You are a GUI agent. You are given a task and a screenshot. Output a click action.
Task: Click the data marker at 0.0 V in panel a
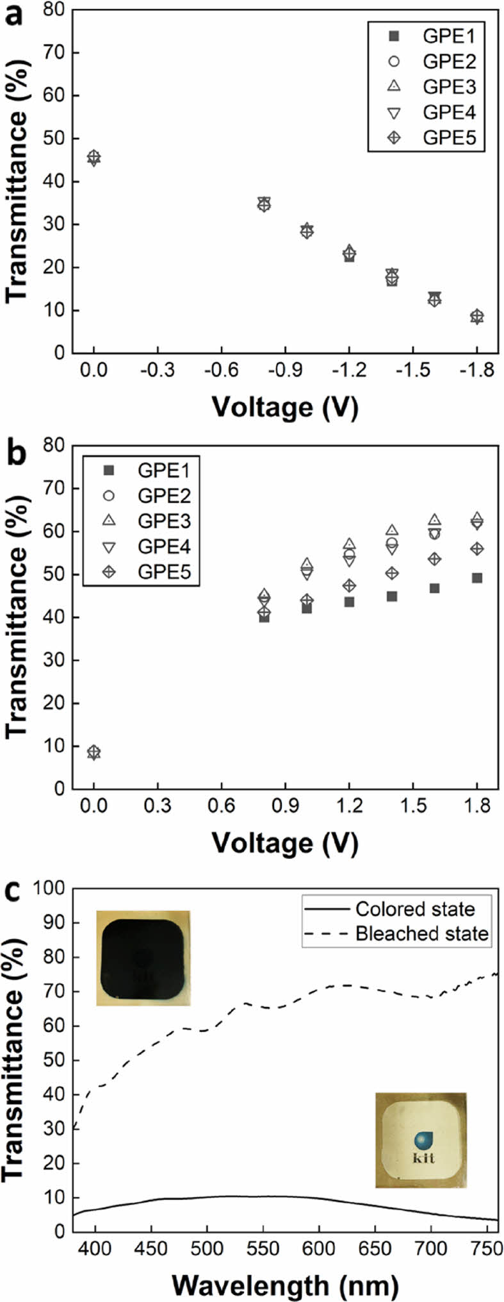click(94, 158)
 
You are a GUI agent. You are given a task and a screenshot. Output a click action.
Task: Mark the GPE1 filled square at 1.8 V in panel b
click(476, 578)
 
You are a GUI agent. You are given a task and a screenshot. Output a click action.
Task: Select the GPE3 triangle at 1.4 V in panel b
click(392, 530)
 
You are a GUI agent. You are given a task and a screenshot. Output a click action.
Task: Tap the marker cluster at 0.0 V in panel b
click(94, 752)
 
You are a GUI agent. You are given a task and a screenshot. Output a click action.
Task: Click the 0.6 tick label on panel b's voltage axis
click(222, 808)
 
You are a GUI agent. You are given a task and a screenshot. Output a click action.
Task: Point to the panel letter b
click(14, 452)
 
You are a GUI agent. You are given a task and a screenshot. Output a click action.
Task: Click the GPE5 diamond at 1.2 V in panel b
click(349, 585)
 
